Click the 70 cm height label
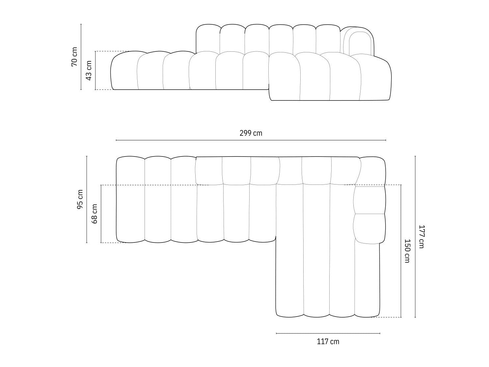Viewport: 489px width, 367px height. click(x=74, y=57)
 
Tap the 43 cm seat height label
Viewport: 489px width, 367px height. click(x=89, y=71)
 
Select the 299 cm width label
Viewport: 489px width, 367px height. click(x=251, y=133)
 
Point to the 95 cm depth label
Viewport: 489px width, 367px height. click(x=80, y=199)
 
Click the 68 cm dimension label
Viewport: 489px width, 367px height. click(x=95, y=214)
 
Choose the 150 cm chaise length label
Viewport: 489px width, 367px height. click(x=407, y=251)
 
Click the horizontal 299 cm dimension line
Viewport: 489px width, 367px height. click(x=251, y=140)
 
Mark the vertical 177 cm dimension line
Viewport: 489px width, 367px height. click(x=415, y=237)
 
